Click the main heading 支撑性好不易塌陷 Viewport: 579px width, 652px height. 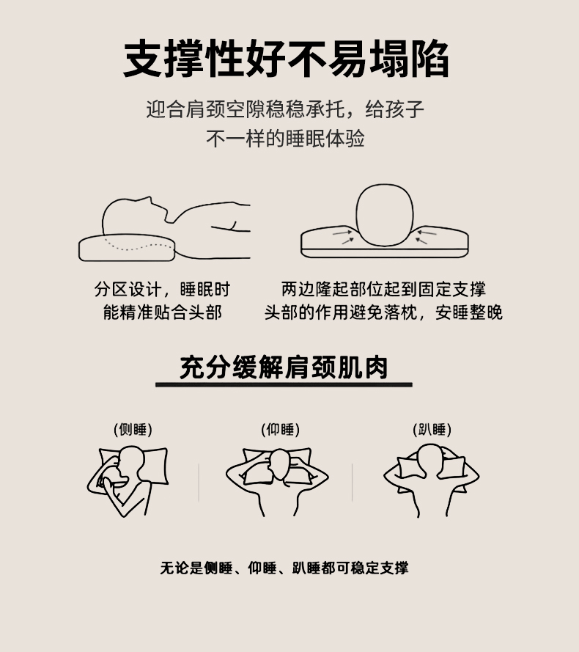coord(286,59)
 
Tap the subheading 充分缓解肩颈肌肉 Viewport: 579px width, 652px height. coord(284,367)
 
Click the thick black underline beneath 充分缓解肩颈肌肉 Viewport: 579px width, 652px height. coord(284,384)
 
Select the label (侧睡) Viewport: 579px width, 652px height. coord(133,429)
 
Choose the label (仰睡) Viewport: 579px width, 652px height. coord(281,429)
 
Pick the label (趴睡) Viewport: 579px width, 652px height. coord(432,429)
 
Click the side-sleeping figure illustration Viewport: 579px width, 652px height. coord(128,481)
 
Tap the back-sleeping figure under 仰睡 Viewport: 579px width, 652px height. coord(278,482)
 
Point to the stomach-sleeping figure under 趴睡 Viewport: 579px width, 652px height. coord(432,480)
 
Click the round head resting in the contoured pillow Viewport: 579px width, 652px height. coord(385,215)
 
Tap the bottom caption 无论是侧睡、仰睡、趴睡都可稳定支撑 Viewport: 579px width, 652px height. coord(284,568)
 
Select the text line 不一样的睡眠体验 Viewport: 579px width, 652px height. coord(286,139)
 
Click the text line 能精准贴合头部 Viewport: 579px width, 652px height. coord(163,312)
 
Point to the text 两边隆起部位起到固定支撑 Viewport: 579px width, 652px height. coord(383,289)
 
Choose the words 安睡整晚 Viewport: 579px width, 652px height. coord(469,312)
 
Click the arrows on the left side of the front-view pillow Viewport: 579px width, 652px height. coord(343,236)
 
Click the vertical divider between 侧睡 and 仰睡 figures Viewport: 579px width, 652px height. coord(199,483)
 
